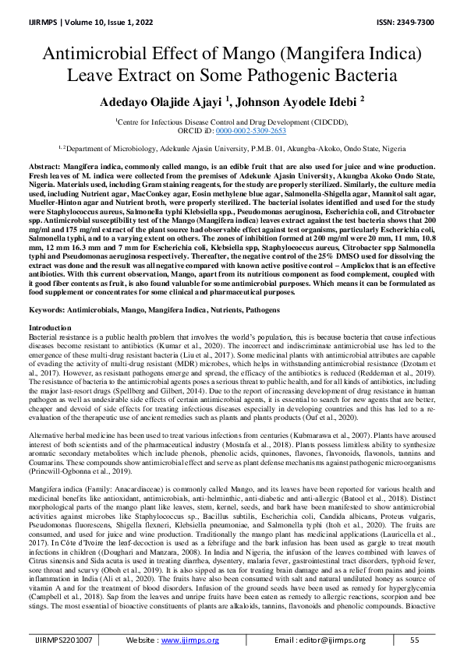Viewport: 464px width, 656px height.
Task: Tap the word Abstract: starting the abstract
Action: click(46, 168)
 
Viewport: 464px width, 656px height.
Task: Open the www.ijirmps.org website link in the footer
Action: click(189, 640)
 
